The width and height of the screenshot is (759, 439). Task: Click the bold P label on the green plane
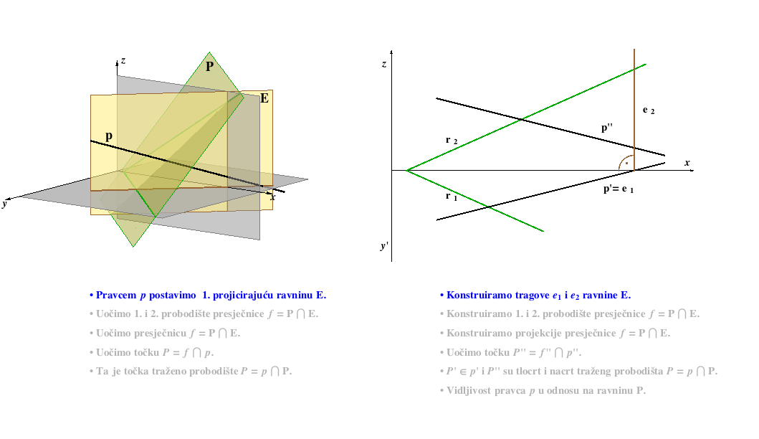(209, 67)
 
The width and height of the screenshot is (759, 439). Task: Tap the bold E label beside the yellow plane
(264, 98)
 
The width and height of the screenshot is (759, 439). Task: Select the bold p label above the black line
(109, 136)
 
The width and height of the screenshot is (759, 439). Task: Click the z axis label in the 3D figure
(123, 60)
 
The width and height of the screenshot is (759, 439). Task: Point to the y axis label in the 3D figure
(4, 204)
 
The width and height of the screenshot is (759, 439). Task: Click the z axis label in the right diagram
(384, 64)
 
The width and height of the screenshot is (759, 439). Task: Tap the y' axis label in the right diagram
(384, 245)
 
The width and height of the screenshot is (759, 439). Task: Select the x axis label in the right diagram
(687, 163)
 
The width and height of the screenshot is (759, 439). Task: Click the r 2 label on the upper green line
(451, 140)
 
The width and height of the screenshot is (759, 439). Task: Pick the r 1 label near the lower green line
(451, 196)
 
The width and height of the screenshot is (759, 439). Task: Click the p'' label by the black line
(606, 128)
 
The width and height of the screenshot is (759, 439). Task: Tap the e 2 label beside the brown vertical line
(649, 110)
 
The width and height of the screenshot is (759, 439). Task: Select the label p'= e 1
(618, 189)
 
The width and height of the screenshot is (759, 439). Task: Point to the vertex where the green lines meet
(407, 170)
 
